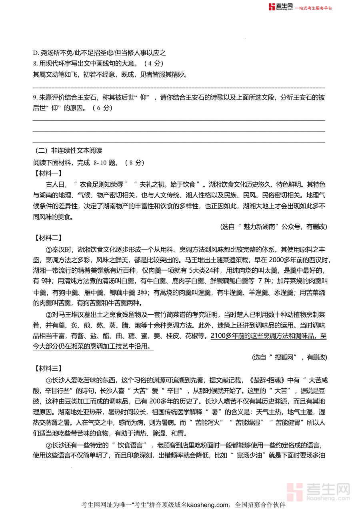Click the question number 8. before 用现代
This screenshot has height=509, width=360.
pyautogui.click(x=35, y=63)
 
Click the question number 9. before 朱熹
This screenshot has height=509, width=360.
pyautogui.click(x=35, y=97)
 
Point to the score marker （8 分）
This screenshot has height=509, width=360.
pyautogui.click(x=133, y=162)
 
